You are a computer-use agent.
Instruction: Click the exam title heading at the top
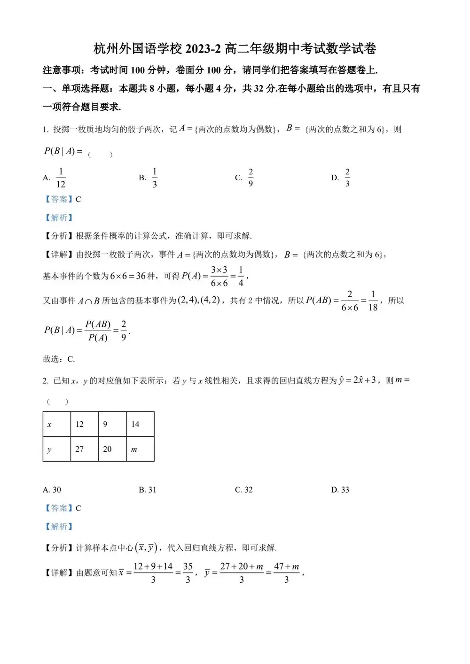(235, 49)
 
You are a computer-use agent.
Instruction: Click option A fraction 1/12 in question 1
(61, 178)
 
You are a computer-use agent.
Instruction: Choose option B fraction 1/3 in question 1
(155, 178)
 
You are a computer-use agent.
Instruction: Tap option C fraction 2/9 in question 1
(251, 178)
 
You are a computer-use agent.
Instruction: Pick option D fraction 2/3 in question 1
(347, 178)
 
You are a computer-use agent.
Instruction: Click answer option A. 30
(52, 490)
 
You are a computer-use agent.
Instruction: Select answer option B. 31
(148, 490)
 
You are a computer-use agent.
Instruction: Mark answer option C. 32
(244, 490)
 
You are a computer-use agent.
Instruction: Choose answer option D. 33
(340, 490)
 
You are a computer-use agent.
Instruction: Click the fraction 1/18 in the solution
(373, 301)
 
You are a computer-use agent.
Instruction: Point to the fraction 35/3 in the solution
(188, 573)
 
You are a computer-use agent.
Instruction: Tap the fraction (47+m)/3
(287, 573)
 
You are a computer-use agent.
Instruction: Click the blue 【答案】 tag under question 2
(59, 508)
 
